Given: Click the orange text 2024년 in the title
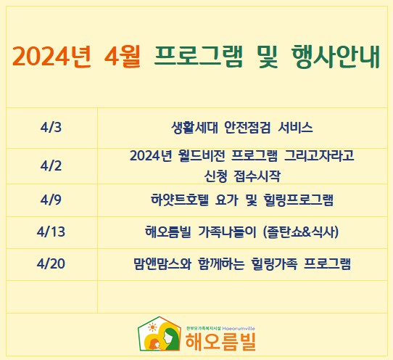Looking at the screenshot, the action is (x=51, y=57).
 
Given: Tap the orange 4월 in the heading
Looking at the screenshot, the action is (x=122, y=57).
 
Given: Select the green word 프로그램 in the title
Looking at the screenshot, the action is (x=199, y=56).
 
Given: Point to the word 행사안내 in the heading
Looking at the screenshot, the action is (x=336, y=56).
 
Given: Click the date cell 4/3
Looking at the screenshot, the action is (x=51, y=128).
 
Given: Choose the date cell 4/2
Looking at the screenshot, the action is (x=51, y=166).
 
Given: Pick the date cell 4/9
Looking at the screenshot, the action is (x=51, y=200).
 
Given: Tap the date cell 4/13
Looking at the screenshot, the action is (x=51, y=232).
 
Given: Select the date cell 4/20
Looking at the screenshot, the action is (x=51, y=263).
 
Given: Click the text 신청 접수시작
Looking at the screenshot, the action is (x=242, y=176).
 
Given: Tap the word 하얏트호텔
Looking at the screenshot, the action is (x=179, y=200).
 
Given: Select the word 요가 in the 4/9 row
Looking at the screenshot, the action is (x=226, y=200).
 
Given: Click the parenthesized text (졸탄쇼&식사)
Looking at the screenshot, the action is (x=301, y=232).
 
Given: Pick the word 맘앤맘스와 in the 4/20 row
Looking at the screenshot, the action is (x=162, y=263).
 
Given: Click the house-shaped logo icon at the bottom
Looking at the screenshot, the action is (x=160, y=334).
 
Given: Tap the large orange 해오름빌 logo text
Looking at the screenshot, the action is (x=220, y=341).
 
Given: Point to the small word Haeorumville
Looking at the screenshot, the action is (x=239, y=328).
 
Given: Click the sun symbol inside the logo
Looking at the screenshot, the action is (x=152, y=327).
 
